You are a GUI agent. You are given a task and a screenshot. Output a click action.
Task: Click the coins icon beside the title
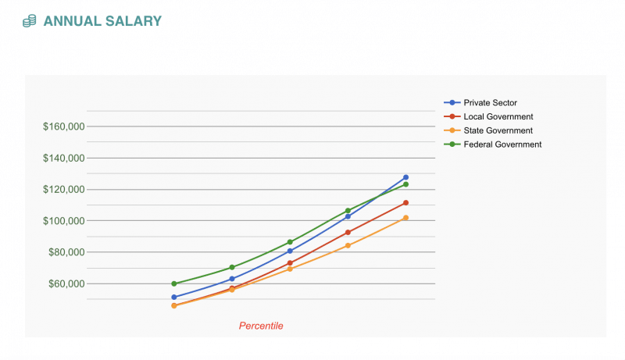coord(30,21)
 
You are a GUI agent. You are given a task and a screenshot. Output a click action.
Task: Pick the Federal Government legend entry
coord(502,144)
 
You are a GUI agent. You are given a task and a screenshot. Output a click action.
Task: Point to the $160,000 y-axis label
coord(63,127)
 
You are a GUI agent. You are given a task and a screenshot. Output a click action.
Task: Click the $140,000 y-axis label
coord(63,158)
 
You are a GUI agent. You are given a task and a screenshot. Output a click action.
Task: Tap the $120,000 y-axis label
coord(63,190)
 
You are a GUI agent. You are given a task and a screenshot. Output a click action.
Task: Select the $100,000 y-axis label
coord(63,221)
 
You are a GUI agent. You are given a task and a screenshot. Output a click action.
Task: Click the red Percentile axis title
coord(261,326)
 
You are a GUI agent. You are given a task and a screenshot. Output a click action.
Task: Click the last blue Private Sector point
coord(406,177)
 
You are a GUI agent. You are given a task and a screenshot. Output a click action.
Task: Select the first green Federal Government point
coord(174,283)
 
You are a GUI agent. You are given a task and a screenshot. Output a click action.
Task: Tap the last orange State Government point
coord(406,218)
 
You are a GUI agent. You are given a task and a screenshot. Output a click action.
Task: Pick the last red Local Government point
coord(406,203)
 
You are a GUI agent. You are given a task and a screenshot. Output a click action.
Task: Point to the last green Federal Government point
coord(406,184)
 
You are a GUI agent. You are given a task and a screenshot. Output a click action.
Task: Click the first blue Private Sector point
coord(174,298)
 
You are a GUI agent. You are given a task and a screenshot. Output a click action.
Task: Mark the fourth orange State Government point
coord(348,245)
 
